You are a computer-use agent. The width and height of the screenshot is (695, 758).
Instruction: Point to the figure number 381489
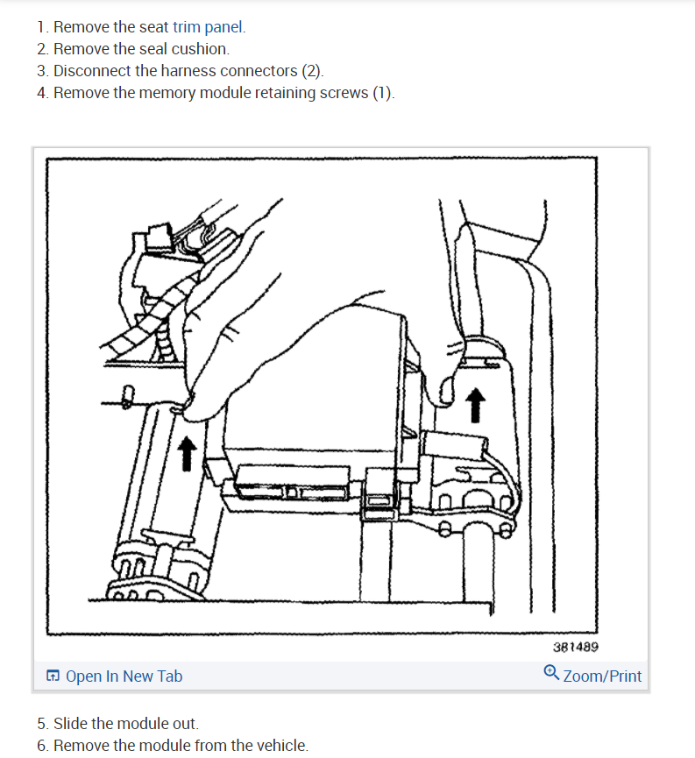[x=576, y=648]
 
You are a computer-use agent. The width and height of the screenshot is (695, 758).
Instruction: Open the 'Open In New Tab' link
[x=124, y=677]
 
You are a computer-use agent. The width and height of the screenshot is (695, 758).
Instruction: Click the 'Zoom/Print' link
[x=602, y=677]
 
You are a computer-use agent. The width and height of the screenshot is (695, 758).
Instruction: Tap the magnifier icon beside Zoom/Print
[x=551, y=675]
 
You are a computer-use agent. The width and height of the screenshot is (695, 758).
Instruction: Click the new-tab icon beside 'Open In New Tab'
[x=53, y=677]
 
